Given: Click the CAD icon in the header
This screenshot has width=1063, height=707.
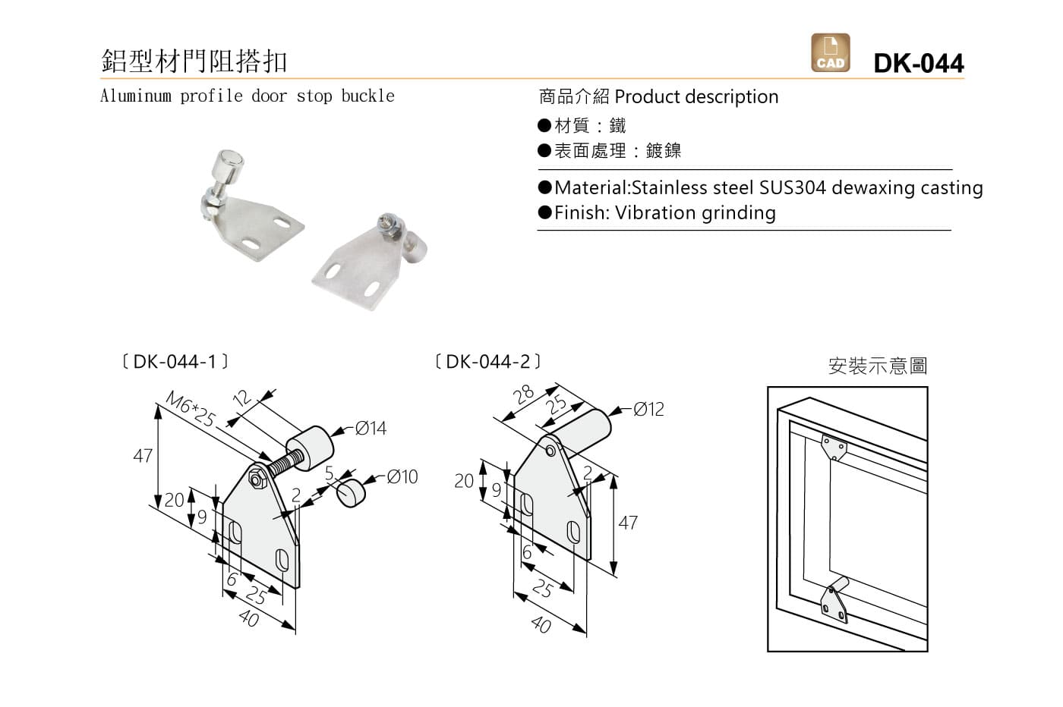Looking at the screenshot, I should (x=830, y=53).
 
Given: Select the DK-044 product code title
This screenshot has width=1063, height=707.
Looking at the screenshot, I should (x=919, y=63).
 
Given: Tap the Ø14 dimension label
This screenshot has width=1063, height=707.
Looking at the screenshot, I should (x=371, y=429).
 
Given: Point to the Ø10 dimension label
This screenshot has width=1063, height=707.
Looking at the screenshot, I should (x=402, y=477).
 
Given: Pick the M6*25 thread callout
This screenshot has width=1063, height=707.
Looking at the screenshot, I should (x=191, y=410).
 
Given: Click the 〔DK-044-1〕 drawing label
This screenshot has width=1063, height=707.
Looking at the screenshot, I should (x=175, y=362).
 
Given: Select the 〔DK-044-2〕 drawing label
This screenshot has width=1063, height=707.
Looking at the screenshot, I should (x=488, y=362).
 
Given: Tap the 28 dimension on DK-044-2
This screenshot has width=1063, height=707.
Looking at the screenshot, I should (x=524, y=394).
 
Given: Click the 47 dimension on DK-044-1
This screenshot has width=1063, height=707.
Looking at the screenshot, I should (x=143, y=456).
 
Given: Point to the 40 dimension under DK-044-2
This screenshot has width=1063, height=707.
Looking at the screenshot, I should (x=541, y=624).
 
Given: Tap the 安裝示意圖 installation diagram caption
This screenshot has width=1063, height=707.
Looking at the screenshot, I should (x=877, y=366).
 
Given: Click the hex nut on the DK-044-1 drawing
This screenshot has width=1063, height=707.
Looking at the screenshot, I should (x=257, y=479).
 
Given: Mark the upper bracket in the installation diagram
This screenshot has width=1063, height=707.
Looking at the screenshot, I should (x=833, y=447).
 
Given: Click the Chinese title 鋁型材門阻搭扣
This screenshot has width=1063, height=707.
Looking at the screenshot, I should (x=194, y=61).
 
